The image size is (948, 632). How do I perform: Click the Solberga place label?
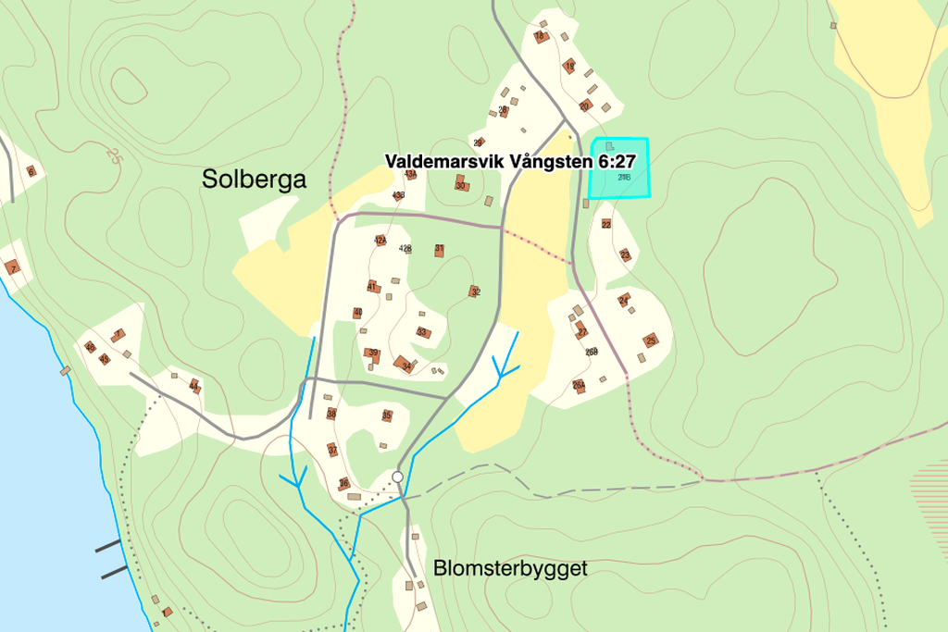click(254, 180)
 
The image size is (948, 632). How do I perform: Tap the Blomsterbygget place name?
click(510, 568)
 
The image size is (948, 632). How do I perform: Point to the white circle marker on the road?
click(398, 477)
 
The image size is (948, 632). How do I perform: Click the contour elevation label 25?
click(114, 155)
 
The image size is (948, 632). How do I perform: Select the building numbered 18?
click(541, 37)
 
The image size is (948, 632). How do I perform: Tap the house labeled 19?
click(570, 67)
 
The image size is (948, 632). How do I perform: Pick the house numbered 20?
click(585, 105)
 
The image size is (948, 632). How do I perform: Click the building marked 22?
click(606, 224)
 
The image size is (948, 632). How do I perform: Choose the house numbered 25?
click(651, 341)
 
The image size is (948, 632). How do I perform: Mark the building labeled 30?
click(460, 185)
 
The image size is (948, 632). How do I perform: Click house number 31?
click(440, 250)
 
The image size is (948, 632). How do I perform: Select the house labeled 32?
click(475, 291)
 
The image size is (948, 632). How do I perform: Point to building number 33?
click(422, 332)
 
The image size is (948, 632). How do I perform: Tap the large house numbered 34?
click(405, 365)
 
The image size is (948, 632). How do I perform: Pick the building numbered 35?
click(387, 415)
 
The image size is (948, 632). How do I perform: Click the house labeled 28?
click(504, 111)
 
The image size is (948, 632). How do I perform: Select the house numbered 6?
click(31, 171)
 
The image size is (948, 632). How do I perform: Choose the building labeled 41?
click(372, 287)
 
